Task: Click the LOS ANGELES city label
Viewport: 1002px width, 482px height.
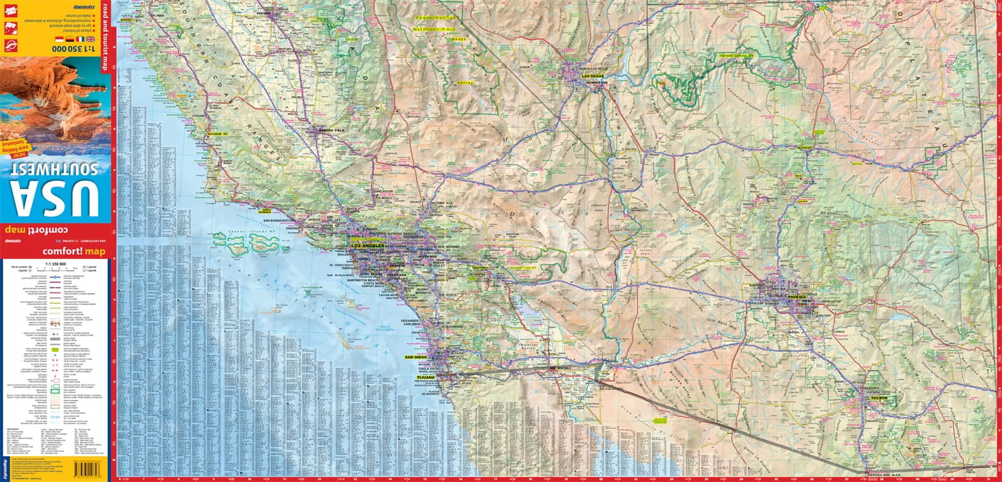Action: point(368,247)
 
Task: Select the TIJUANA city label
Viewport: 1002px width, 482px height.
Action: point(426,378)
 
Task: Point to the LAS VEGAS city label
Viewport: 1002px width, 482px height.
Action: point(592,76)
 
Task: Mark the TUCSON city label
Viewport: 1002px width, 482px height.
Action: point(878,398)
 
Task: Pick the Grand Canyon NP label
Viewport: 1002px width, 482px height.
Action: point(732,55)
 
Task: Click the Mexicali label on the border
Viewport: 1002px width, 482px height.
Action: point(561,369)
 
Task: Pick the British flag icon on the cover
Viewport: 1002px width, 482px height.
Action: point(90,39)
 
